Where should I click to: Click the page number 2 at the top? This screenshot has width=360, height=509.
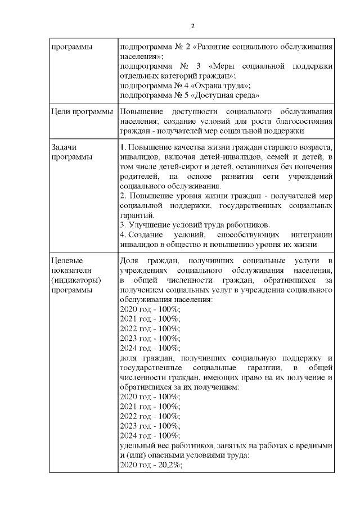(193, 26)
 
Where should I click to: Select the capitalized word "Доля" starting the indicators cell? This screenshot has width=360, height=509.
(130, 260)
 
